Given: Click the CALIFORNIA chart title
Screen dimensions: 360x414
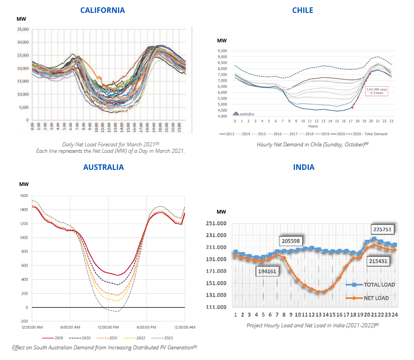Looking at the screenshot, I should click(x=102, y=10).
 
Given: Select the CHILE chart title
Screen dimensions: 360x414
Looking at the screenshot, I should click(x=303, y=10).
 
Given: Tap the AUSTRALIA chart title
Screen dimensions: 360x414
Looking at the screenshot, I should click(x=103, y=167).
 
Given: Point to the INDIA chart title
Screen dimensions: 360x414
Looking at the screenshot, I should click(x=304, y=167).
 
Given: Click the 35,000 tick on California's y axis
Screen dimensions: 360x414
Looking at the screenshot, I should click(x=22, y=29).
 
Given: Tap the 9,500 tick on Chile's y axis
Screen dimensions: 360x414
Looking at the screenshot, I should click(x=223, y=51).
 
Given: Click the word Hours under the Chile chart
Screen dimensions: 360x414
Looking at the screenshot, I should click(x=313, y=126).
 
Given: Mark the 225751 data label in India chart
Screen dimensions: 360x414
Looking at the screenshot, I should click(x=382, y=229).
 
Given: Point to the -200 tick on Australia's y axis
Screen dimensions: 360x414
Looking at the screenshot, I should click(x=23, y=321).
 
